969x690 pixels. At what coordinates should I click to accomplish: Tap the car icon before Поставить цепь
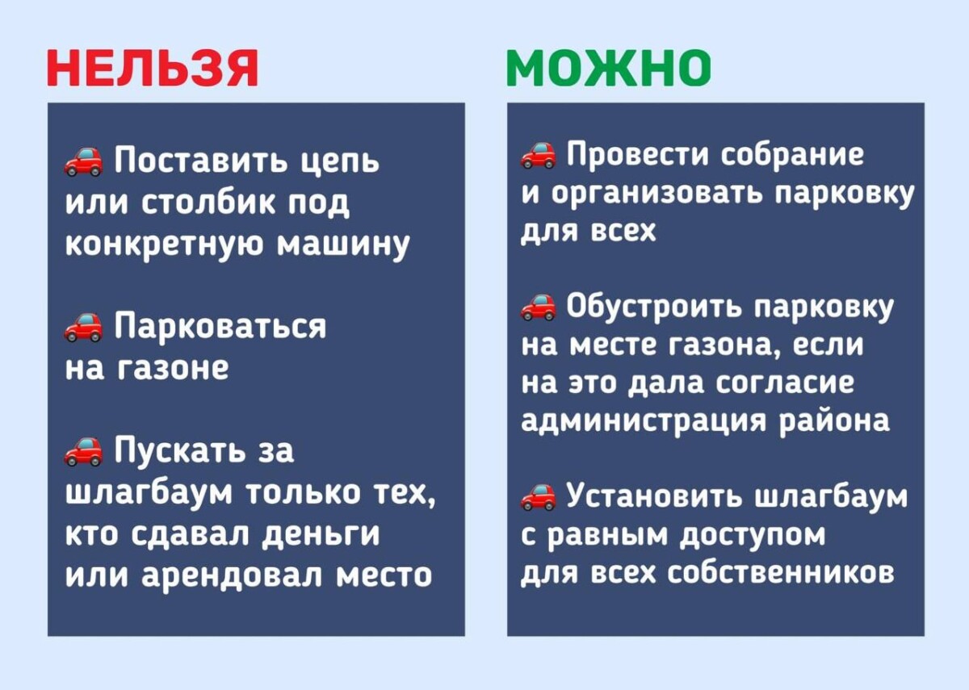tap(83, 161)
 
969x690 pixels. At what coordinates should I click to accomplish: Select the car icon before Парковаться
tap(83, 327)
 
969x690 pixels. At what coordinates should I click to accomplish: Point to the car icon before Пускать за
tap(83, 451)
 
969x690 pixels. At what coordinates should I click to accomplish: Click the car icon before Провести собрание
tap(538, 153)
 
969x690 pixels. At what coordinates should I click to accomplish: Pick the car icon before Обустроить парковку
tap(538, 307)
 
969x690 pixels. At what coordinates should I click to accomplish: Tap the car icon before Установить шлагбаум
tap(538, 496)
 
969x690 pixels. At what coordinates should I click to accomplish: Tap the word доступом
tap(752, 533)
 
